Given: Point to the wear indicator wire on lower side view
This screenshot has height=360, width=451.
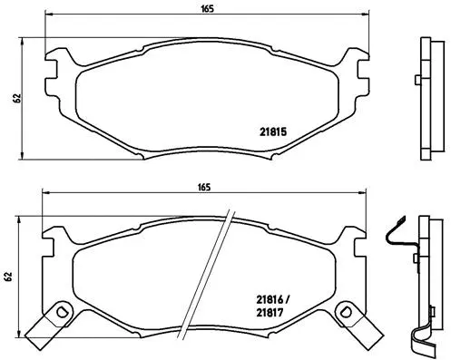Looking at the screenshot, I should (x=397, y=238).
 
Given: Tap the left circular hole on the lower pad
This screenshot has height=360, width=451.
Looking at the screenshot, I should (x=62, y=313).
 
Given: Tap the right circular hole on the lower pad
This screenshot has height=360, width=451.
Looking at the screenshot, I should (x=346, y=313).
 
